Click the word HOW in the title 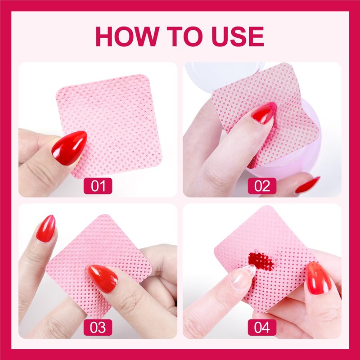tap(127, 36)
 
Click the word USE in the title tap(238, 36)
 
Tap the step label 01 tap(98, 186)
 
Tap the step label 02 tap(262, 186)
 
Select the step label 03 tap(98, 327)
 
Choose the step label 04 tap(262, 327)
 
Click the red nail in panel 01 tap(69, 148)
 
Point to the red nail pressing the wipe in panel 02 tap(264, 113)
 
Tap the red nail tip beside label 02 tap(307, 184)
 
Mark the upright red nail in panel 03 tap(46, 229)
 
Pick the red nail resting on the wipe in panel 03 tap(103, 279)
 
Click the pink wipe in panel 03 tap(99, 264)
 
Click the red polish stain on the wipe tap(262, 261)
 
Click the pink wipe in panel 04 tap(266, 257)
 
